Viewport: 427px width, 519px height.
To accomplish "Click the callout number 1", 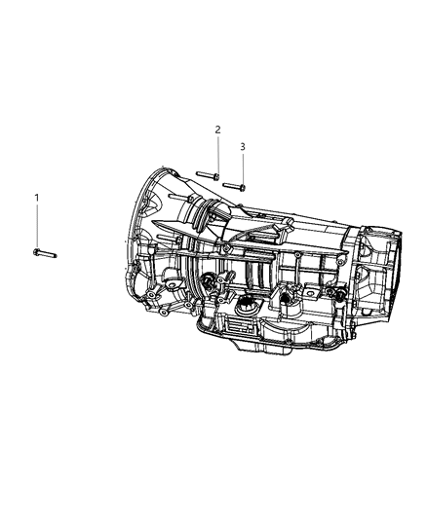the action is coord(37,198).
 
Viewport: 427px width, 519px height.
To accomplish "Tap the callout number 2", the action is coord(217,130).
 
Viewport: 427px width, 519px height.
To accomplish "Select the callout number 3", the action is coord(243,146).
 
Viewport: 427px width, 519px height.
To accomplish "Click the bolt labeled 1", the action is coord(45,253).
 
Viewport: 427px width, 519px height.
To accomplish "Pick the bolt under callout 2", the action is coord(208,175).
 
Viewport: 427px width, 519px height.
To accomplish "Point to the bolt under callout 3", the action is coord(234,186).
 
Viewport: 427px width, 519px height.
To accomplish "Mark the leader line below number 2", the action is coord(218,155).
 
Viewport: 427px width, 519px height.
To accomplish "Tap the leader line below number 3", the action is coord(243,168).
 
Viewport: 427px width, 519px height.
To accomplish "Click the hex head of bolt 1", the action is coord(36,252).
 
